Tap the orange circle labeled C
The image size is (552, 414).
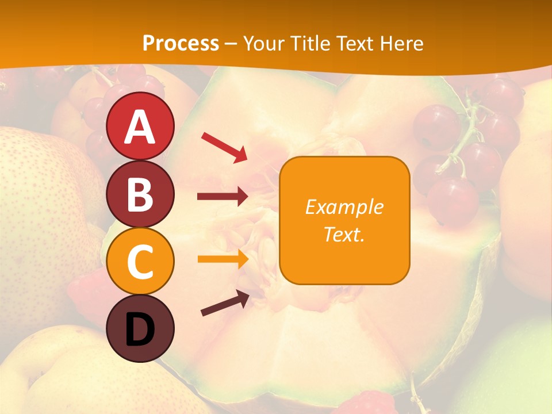140,261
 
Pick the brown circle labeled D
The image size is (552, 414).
140,328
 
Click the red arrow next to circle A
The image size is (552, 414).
224,147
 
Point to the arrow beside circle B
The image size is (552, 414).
223,197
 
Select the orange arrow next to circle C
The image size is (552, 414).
223,259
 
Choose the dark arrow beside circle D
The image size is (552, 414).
225,303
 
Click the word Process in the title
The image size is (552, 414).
181,43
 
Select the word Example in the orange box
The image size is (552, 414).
344,207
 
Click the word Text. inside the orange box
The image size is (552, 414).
344,234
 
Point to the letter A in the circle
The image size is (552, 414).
140,127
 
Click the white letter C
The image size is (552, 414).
140,262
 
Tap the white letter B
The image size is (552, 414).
140,194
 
